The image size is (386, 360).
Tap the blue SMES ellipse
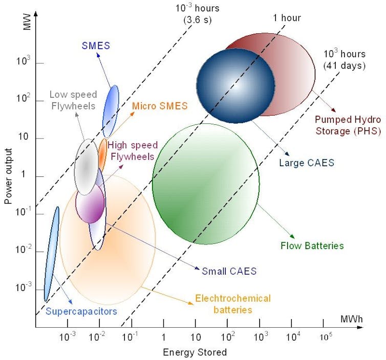point(111,111)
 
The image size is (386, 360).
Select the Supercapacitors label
point(81,311)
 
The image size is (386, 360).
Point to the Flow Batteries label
point(312,245)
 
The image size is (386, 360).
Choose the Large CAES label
point(306,163)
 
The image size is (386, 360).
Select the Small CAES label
point(229,271)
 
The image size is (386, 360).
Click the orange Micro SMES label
point(160,106)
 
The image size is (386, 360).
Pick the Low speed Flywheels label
point(73,100)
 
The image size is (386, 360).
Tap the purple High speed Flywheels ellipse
point(90,204)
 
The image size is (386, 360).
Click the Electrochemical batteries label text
point(232,304)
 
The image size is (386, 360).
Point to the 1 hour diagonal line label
point(286,18)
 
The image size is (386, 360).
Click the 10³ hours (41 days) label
point(344,59)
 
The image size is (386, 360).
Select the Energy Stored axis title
point(195,352)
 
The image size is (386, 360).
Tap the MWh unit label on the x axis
point(351,319)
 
